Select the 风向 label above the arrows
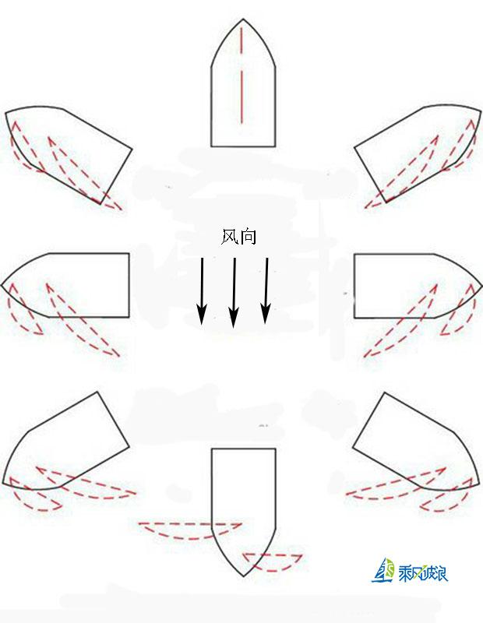238,237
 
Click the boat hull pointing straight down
243,498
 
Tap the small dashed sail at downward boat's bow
273,560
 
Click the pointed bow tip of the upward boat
243,20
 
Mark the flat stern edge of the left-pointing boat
129,285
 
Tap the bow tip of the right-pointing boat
481,285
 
